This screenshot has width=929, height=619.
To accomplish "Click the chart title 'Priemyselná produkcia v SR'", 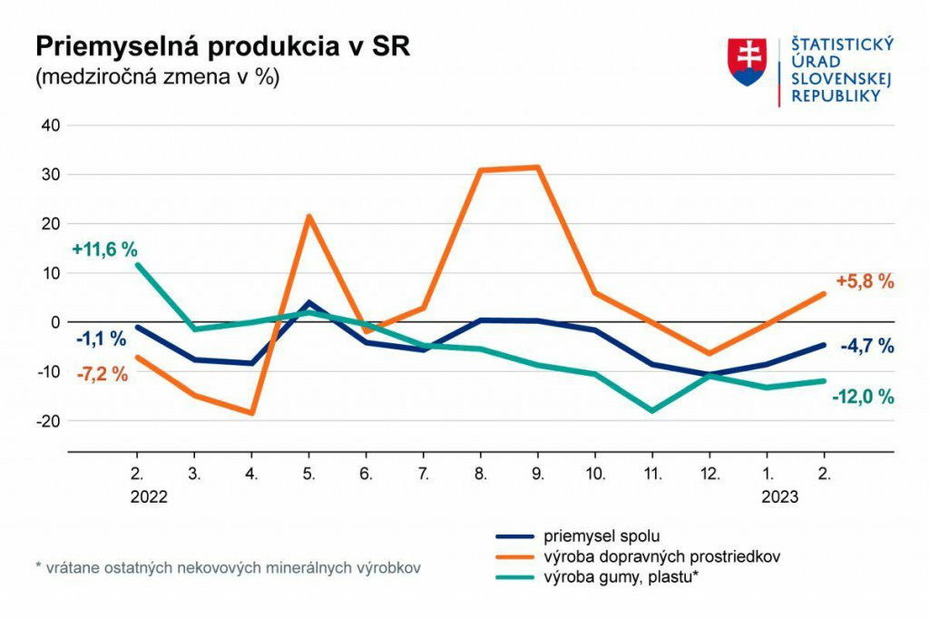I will (221, 48).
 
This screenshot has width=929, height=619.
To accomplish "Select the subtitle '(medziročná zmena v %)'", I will (157, 77).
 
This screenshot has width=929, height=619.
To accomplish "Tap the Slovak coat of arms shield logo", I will (748, 62).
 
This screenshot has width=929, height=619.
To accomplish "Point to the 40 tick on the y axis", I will (50, 125).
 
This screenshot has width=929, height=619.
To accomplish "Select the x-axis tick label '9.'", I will (537, 473).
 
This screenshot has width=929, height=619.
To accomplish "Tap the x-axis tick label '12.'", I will (709, 473).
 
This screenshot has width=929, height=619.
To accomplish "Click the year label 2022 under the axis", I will (149, 496).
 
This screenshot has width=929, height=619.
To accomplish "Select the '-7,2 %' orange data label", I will (102, 374).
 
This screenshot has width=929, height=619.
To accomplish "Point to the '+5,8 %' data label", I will (865, 281).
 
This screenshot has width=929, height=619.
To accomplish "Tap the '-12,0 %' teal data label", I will (864, 397).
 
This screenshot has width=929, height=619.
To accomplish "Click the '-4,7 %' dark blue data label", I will (867, 346).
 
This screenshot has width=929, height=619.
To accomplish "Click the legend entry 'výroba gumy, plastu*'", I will (620, 576).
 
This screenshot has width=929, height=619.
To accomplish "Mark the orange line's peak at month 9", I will (537, 167).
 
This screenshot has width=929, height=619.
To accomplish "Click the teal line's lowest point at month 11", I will (651, 410).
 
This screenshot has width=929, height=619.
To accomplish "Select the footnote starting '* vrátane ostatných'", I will (228, 568).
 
